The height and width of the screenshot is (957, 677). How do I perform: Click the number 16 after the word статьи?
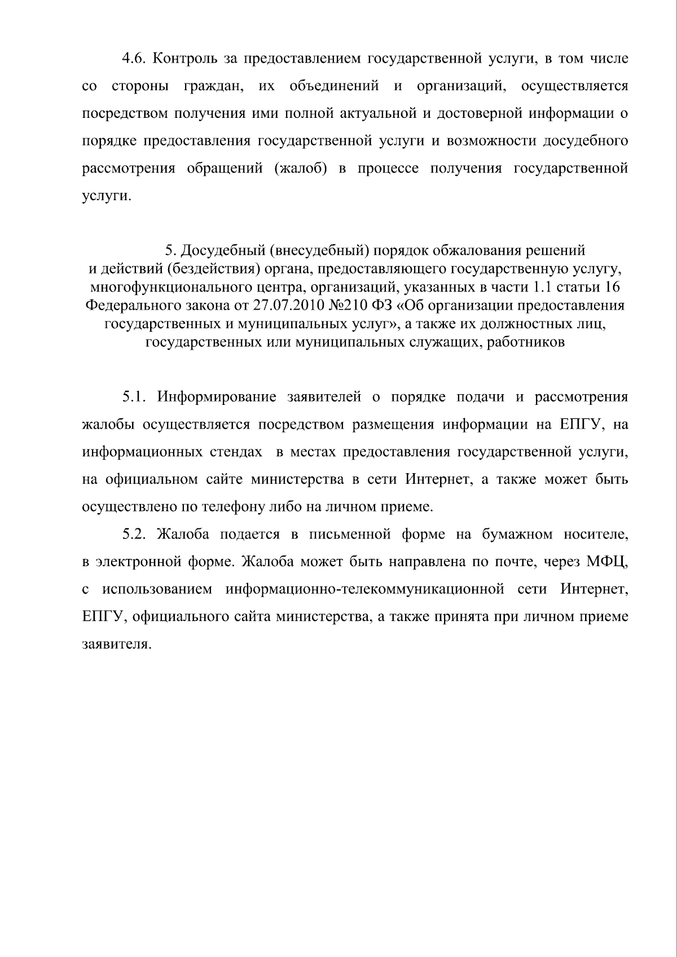point(612,287)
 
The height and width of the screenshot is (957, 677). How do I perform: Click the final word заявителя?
point(117,645)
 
